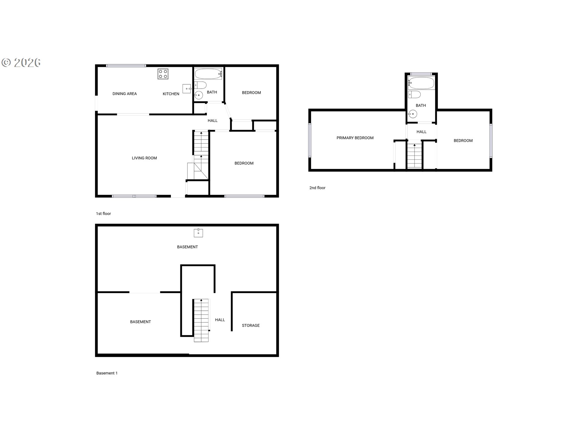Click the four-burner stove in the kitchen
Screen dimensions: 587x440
point(163,74)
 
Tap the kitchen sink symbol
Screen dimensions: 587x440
point(187,89)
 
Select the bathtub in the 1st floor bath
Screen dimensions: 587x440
point(209,74)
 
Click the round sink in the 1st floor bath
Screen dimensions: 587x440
point(199,95)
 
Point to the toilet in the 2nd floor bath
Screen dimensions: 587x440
point(414,94)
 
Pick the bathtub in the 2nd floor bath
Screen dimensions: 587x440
point(421,83)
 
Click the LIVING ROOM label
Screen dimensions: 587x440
point(144,158)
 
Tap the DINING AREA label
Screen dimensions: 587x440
point(124,94)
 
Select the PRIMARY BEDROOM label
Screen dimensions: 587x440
point(355,138)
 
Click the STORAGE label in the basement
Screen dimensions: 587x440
point(251,325)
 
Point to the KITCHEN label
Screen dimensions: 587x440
point(171,94)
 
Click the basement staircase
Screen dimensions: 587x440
point(201,320)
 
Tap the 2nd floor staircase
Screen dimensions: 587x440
point(415,156)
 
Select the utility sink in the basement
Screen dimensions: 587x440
point(198,233)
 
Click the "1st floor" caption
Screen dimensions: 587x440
point(103,214)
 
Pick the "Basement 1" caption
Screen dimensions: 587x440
point(107,373)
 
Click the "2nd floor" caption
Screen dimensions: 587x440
point(317,188)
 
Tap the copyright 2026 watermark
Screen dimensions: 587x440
point(21,63)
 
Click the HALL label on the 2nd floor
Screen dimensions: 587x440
point(421,132)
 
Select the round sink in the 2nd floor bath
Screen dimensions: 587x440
point(413,114)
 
